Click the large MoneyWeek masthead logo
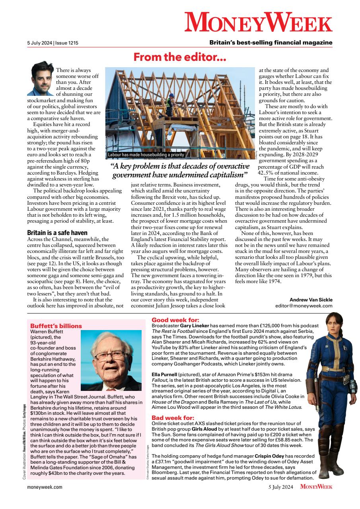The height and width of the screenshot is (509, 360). point(258,22)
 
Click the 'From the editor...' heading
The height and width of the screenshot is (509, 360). point(180,57)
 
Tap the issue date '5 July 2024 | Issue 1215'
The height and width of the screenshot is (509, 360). point(50,43)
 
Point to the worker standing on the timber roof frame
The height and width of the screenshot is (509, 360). point(169,105)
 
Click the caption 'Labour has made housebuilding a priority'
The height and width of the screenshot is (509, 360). point(146,155)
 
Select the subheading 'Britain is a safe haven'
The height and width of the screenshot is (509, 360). point(57,233)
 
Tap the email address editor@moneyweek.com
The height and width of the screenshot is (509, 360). point(304,306)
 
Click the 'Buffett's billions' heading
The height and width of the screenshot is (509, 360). point(56,326)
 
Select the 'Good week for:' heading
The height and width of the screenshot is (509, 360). point(175,319)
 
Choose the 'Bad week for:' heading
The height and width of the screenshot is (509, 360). point(173,418)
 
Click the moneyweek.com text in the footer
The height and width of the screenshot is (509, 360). point(45,486)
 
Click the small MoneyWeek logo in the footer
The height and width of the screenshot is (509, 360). point(316,486)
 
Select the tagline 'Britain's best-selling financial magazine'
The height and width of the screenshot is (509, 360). point(271,43)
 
